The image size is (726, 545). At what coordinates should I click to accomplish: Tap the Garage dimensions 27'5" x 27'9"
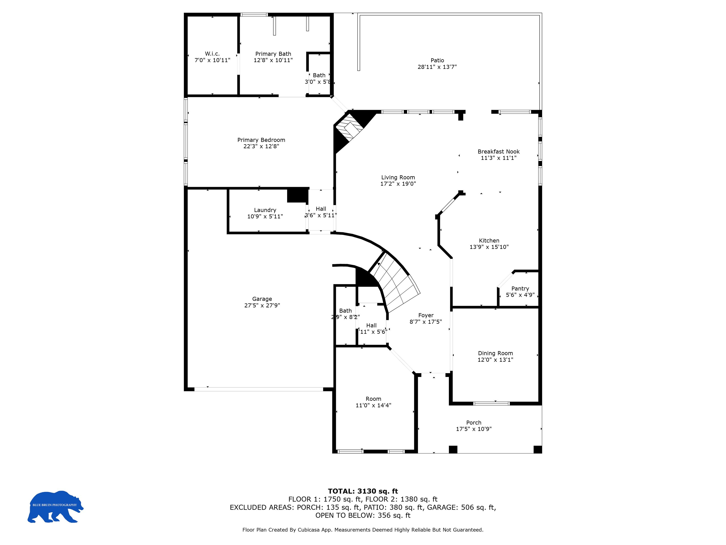tap(262, 305)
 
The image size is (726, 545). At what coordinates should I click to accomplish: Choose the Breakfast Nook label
tap(498, 151)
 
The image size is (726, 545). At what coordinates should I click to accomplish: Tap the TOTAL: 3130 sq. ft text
tap(363, 491)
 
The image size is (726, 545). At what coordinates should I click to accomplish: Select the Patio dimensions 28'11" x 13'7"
tap(437, 67)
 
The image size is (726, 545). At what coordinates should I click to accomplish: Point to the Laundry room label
tap(265, 210)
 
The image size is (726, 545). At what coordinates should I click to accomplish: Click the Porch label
tap(474, 423)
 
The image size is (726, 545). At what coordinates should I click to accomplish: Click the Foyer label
tap(426, 315)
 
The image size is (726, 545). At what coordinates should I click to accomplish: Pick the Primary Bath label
tap(273, 54)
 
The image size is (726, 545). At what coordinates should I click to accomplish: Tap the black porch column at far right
tap(537, 449)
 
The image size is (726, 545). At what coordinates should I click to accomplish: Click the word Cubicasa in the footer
tap(309, 530)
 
